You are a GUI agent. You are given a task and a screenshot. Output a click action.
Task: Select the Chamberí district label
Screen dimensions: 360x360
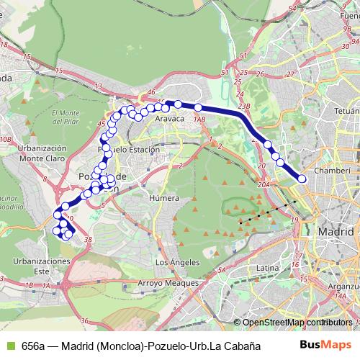tap(332, 170)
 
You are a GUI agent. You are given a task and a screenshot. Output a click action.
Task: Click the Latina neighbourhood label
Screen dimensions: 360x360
tap(267, 268)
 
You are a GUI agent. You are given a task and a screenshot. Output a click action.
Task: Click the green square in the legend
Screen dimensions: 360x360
tap(9, 346)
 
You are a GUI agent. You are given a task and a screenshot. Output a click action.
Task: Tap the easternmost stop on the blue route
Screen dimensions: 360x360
tap(302, 179)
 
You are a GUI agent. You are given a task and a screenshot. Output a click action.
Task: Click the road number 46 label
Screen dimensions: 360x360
tap(151, 93)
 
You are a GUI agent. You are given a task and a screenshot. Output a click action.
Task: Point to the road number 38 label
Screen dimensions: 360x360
tap(88, 240)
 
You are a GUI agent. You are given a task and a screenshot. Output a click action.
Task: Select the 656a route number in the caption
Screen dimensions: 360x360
tap(32, 346)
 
